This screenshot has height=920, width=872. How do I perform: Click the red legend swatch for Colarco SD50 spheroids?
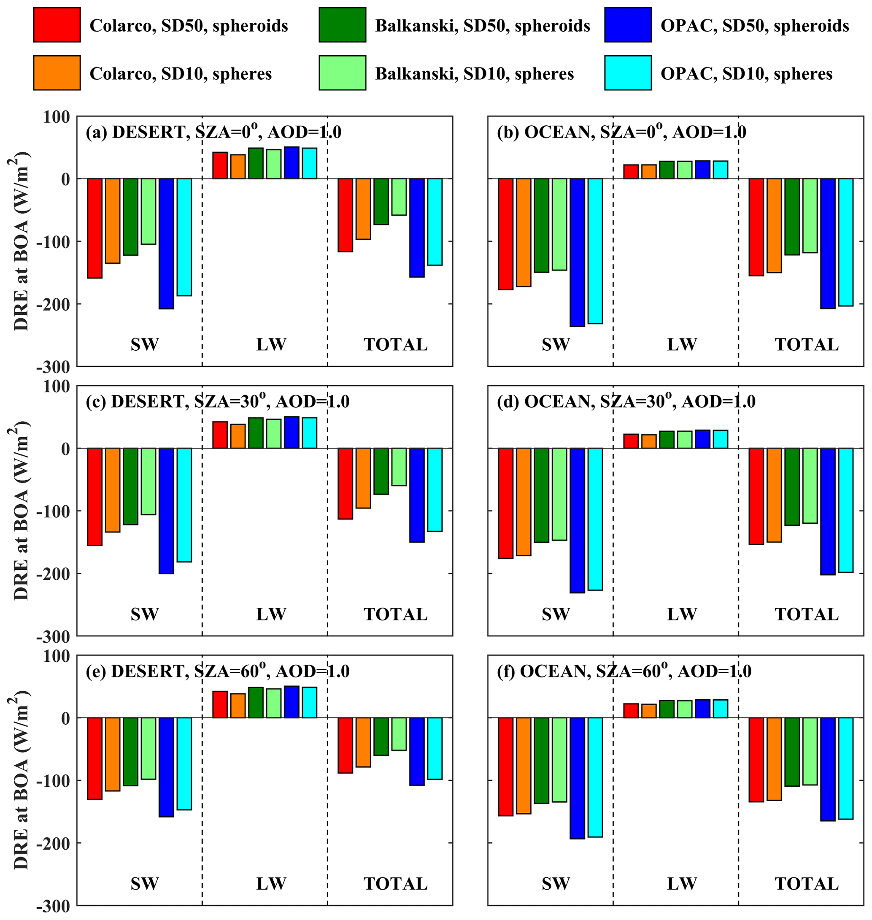tap(57, 25)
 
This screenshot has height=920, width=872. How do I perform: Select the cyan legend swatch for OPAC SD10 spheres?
tap(627, 73)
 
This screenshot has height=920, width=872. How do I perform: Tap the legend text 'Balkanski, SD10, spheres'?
tap(474, 74)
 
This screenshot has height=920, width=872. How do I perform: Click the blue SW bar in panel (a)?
tap(166, 243)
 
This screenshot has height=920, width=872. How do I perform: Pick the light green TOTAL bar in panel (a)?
tap(399, 197)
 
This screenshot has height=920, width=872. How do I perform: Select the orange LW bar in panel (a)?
tap(238, 166)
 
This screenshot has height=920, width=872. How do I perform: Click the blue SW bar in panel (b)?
tap(577, 252)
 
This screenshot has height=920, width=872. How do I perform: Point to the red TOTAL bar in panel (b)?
tap(756, 227)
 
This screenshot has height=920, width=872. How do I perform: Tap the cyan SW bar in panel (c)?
tap(184, 504)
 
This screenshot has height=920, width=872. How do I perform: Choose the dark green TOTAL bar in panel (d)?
tap(792, 486)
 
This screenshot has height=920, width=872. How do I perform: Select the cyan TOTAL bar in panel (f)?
tap(845, 768)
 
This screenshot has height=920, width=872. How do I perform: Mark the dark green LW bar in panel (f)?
tap(667, 709)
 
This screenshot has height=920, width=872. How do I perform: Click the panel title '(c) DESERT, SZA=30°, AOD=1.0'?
tap(217, 402)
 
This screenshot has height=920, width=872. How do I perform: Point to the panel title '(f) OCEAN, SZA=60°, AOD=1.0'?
tap(624, 671)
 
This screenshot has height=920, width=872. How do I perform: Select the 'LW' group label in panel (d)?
tap(682, 614)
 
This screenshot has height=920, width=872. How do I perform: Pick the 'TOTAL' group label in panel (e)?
tap(395, 884)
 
